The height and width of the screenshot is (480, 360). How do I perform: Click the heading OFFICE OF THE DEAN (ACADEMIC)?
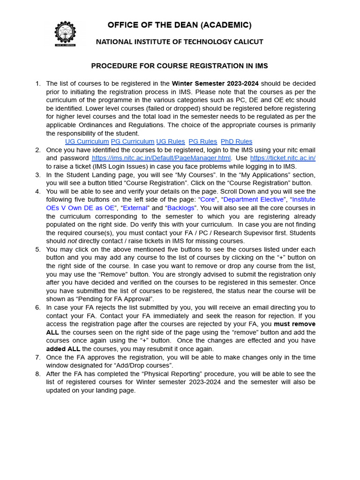click(180, 25)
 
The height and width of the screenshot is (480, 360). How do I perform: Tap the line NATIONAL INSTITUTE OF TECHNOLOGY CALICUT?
click(180, 42)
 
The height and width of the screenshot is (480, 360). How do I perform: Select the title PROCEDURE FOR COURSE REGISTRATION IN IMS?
click(180, 66)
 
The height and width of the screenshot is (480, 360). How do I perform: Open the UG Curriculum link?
click(87, 142)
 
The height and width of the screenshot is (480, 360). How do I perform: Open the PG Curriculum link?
click(133, 142)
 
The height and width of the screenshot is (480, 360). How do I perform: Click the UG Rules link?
click(171, 142)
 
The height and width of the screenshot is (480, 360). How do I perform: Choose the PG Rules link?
click(202, 142)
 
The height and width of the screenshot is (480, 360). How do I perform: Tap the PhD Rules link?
click(236, 142)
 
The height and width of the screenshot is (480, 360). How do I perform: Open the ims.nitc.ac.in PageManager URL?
click(161, 158)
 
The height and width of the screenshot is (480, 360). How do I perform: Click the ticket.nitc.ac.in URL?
click(283, 158)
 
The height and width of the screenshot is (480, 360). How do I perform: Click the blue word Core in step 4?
click(208, 200)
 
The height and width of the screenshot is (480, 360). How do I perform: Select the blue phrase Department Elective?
click(254, 200)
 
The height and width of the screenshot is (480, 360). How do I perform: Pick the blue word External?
click(135, 208)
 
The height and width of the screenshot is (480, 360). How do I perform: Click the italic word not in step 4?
click(72, 241)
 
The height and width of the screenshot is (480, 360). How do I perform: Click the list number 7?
click(38, 357)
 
